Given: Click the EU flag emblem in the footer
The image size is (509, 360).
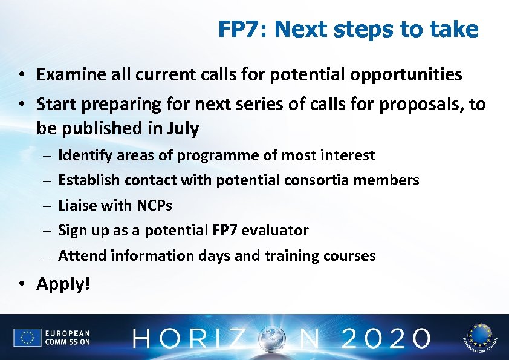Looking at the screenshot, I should pos(27,338).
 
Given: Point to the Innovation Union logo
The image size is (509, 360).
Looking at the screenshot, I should pos(479,338).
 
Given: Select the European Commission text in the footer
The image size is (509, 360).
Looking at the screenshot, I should pos(67,338).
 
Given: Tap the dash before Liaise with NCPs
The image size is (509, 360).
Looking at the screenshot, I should pos(47,206).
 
